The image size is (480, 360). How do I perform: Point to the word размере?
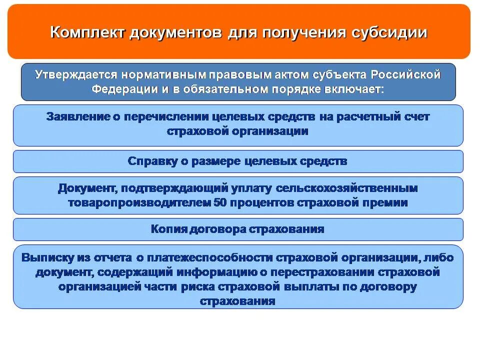pyautogui.click(x=219, y=161)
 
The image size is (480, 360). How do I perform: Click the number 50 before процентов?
pyautogui.click(x=220, y=203)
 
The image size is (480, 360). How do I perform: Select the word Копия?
pyautogui.click(x=169, y=229)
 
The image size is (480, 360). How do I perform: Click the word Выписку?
pyautogui.click(x=48, y=258)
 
